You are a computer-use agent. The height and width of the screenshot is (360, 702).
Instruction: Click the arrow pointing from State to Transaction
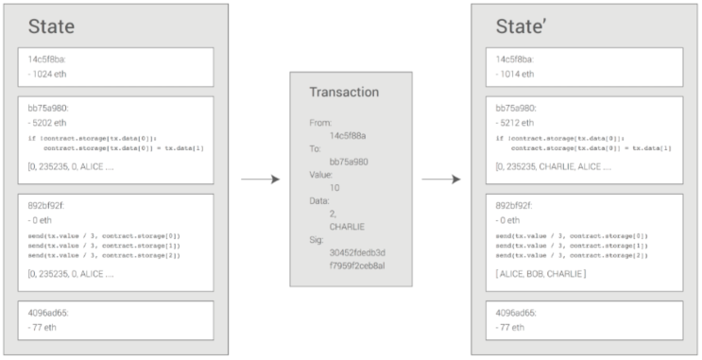click(x=259, y=179)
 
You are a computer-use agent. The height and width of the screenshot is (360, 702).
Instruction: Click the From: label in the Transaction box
click(x=320, y=123)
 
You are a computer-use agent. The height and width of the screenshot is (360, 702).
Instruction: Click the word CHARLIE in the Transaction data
click(x=347, y=226)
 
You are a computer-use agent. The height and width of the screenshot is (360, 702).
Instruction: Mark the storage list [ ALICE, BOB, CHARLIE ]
click(x=538, y=273)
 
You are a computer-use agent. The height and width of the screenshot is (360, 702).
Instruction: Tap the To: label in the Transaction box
click(x=315, y=148)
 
